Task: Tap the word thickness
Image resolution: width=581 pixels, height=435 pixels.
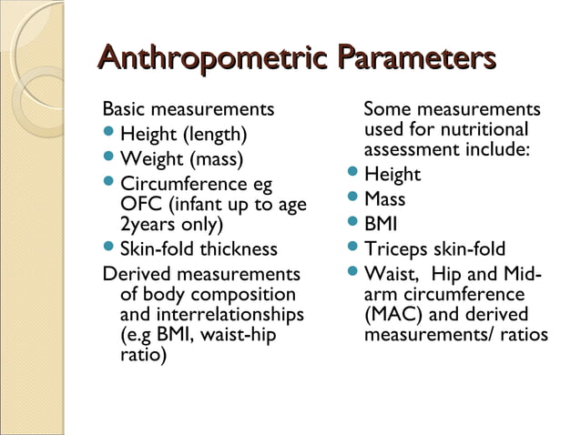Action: (x=239, y=249)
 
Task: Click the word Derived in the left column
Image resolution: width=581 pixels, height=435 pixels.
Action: (x=135, y=273)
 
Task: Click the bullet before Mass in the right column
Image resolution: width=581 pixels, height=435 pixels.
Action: (x=353, y=198)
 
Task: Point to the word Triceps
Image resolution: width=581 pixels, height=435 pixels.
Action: (x=394, y=249)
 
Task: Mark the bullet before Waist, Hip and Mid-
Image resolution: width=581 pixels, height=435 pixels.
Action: (x=353, y=272)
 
